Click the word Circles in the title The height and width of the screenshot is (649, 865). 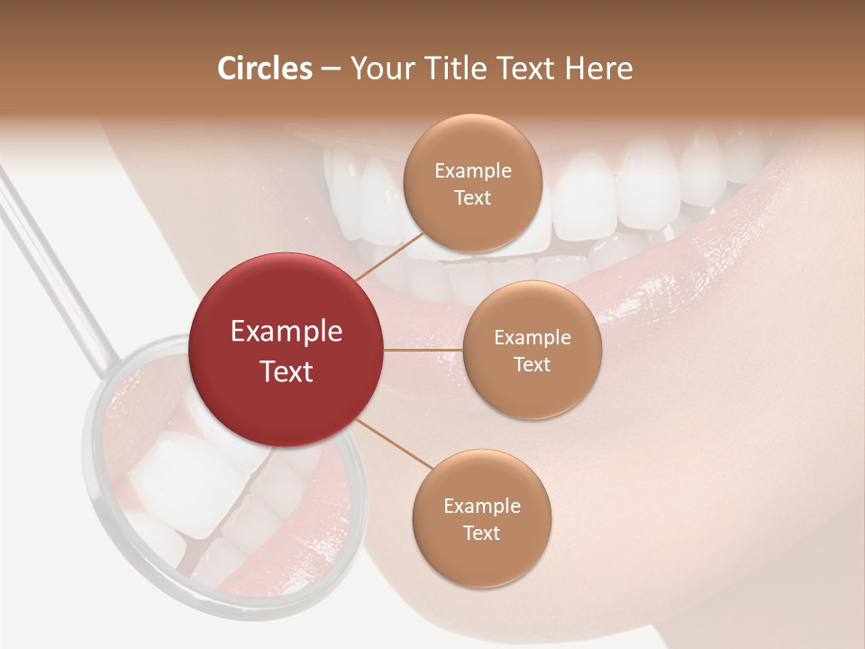click(x=265, y=69)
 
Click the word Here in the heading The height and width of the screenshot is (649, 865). click(x=599, y=69)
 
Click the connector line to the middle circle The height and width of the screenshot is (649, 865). click(x=423, y=350)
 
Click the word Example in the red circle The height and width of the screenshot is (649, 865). click(x=287, y=332)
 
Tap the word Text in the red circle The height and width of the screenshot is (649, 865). click(x=287, y=371)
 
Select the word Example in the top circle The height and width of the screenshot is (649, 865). click(x=473, y=171)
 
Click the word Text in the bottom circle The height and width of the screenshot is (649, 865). click(x=481, y=533)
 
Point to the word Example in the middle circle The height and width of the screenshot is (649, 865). click(x=532, y=338)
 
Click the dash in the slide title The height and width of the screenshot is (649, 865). click(x=331, y=69)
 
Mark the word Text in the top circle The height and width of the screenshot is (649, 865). click(x=472, y=197)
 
